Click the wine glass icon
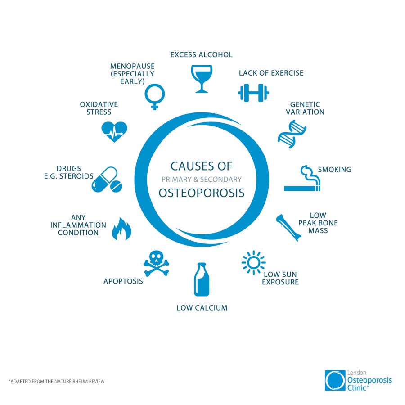click(x=201, y=79)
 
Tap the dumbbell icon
click(x=253, y=93)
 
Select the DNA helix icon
click(x=292, y=134)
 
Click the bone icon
click(x=288, y=228)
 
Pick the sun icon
click(x=253, y=262)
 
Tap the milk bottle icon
click(x=202, y=279)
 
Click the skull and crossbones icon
click(x=156, y=264)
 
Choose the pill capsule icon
click(x=106, y=180)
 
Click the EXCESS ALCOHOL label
click(x=202, y=55)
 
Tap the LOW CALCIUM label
click(x=202, y=308)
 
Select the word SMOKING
click(x=334, y=170)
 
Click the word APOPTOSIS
click(x=123, y=281)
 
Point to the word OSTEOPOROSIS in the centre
click(x=202, y=193)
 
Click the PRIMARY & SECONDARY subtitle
click(x=202, y=179)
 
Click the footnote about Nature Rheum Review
click(x=56, y=382)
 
